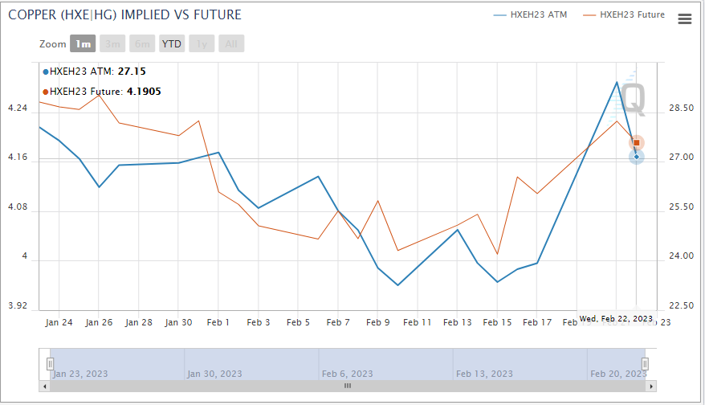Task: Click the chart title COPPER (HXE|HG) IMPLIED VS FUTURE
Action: (x=124, y=15)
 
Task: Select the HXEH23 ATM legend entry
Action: (x=539, y=14)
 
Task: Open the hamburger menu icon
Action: (x=685, y=19)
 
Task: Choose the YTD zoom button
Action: (x=172, y=44)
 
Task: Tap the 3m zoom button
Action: (x=113, y=44)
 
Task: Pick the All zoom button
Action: (x=231, y=44)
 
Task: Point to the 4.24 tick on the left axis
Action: (x=17, y=108)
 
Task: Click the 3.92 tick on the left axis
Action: (x=17, y=306)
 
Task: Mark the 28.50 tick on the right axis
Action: (x=681, y=108)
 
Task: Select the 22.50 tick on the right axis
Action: (x=681, y=306)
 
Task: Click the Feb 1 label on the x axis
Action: (x=218, y=322)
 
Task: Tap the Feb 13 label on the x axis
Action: (x=457, y=322)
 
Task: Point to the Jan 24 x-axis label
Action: (x=59, y=322)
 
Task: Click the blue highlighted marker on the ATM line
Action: (x=637, y=157)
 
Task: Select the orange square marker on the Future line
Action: (x=637, y=142)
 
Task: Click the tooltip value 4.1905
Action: (x=144, y=92)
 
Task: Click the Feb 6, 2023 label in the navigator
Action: (x=347, y=374)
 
